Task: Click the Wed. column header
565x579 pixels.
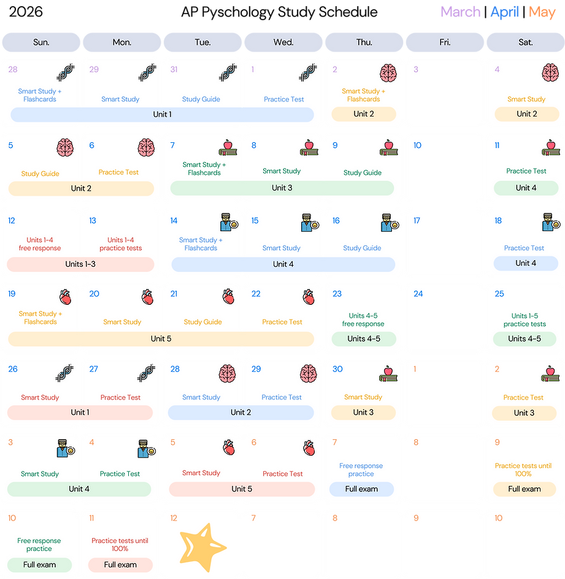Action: [x=283, y=42]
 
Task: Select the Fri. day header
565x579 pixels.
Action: [x=445, y=42]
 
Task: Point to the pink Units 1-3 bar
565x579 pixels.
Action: [x=80, y=264]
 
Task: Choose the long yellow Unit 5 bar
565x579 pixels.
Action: [x=161, y=339]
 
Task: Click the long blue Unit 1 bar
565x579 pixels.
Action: [x=162, y=114]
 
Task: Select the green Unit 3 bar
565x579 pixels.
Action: [x=282, y=188]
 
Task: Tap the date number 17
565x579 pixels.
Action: [x=417, y=220]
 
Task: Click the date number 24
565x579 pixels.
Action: [x=418, y=294]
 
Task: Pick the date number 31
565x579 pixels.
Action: [x=174, y=69]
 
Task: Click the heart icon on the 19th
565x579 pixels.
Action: [x=65, y=297]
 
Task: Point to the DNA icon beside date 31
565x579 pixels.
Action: [x=228, y=73]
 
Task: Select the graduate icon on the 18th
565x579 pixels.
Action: [x=550, y=223]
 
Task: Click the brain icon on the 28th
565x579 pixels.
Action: [x=226, y=373]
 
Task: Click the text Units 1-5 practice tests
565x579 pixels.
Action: [x=525, y=320]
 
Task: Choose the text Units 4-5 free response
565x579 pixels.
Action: [x=363, y=320]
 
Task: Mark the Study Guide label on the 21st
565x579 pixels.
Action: [x=202, y=322]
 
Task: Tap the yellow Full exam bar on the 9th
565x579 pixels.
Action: [x=525, y=489]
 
